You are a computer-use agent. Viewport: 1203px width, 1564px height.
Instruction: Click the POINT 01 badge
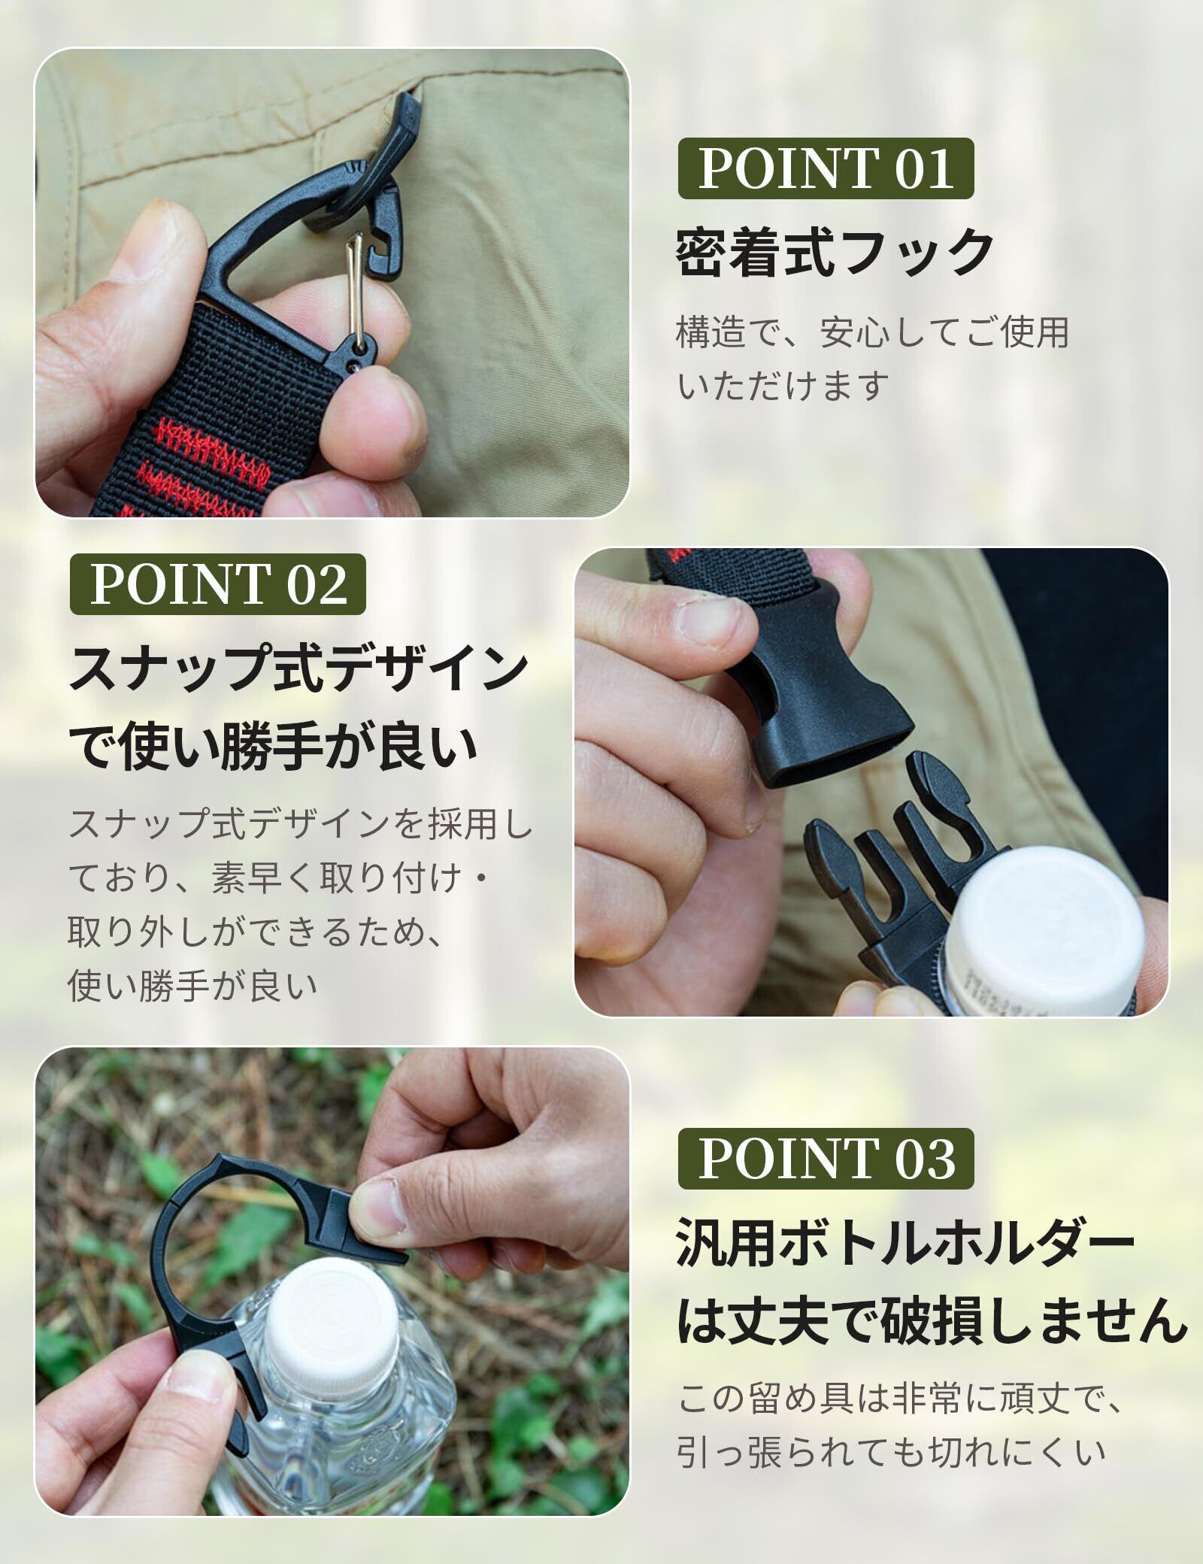point(826,168)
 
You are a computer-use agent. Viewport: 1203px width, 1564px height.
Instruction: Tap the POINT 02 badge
point(218,584)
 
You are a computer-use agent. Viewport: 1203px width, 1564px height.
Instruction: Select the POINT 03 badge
point(826,1158)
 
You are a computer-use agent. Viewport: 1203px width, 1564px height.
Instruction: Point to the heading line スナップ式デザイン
point(298,670)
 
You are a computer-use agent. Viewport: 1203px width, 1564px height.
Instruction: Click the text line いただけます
point(782,386)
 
